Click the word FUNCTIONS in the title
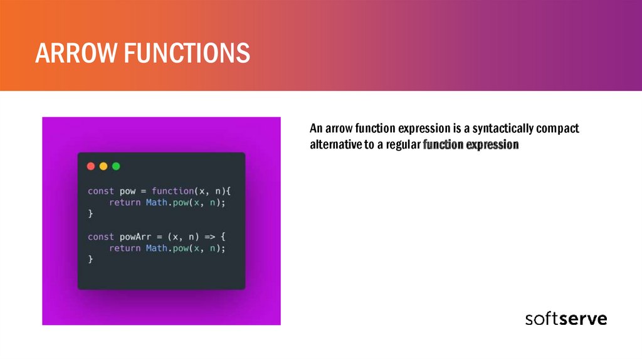pyautogui.click(x=186, y=53)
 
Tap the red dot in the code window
pyautogui.click(x=91, y=166)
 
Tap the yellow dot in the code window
pyautogui.click(x=103, y=166)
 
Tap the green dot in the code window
pyautogui.click(x=116, y=166)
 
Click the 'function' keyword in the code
pyautogui.click(x=172, y=191)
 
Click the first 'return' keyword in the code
pyautogui.click(x=125, y=203)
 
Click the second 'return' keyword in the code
pyautogui.click(x=125, y=248)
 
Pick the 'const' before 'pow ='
pyautogui.click(x=100, y=191)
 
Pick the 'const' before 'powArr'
pyautogui.click(x=100, y=236)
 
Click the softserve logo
pyautogui.click(x=566, y=318)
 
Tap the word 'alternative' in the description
pyautogui.click(x=335, y=146)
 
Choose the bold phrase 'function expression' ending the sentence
pyautogui.click(x=471, y=146)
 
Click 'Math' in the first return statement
pyautogui.click(x=157, y=203)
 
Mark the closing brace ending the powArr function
pyautogui.click(x=90, y=260)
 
